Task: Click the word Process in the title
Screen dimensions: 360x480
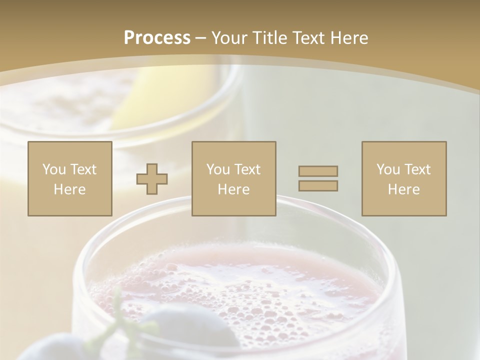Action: coord(157,38)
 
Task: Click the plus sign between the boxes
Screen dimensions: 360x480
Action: coord(152,179)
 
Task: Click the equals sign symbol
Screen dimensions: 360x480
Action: coord(318,178)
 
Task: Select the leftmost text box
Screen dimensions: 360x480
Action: coord(70,178)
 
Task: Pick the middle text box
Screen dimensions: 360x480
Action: coord(234,178)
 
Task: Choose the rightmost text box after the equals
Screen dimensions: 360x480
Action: coord(404,178)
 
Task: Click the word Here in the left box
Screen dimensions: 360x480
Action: coord(70,189)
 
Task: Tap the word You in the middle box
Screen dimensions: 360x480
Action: coord(218,169)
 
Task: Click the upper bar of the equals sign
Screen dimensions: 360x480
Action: coord(318,171)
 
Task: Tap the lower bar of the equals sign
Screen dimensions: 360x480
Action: coord(318,186)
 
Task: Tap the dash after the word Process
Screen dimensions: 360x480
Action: coord(201,38)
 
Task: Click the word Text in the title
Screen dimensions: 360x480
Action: coord(306,38)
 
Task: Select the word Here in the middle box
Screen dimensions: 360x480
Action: coord(234,189)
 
